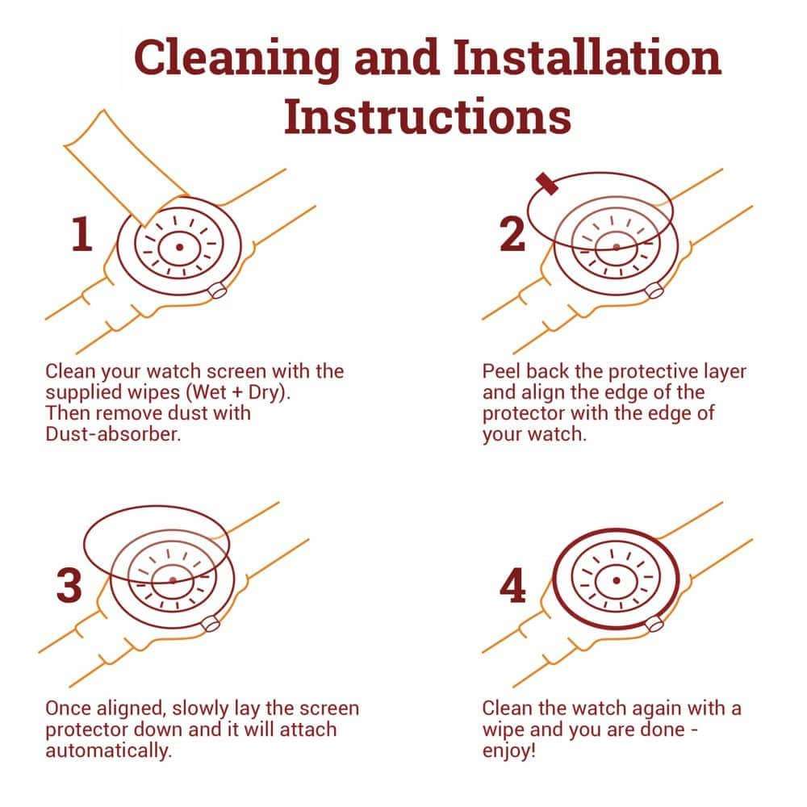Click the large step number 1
[82, 234]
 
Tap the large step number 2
[512, 234]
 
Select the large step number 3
[69, 585]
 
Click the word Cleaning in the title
[236, 58]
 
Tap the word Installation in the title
[587, 56]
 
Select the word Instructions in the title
[428, 115]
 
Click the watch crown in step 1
[217, 291]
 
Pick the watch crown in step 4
[654, 623]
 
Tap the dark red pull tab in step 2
[546, 184]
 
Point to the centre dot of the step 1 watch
[179, 247]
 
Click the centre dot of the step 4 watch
[616, 580]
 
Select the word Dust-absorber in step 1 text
[113, 434]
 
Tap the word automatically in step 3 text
[109, 751]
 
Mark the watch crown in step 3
[211, 623]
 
